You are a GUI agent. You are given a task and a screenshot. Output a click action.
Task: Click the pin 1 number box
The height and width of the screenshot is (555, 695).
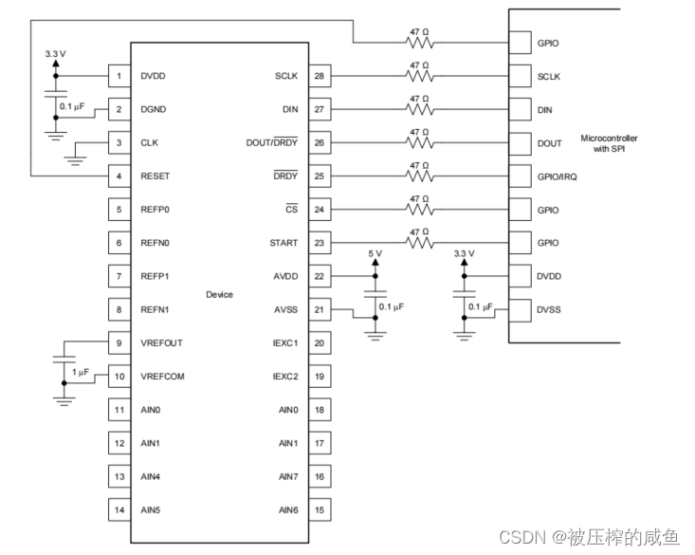click(119, 76)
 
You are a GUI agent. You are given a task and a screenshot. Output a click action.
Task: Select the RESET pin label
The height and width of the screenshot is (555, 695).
click(155, 176)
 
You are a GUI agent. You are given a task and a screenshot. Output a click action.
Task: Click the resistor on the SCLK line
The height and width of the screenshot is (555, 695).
click(419, 77)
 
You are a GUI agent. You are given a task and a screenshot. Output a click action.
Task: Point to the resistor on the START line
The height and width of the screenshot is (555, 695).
click(419, 243)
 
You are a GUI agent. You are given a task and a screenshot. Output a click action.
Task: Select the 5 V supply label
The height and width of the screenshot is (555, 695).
click(375, 254)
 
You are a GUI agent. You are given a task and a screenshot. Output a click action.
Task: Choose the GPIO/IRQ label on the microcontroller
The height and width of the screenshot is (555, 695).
click(557, 176)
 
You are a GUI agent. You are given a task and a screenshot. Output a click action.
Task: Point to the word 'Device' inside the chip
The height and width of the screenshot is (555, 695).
click(219, 294)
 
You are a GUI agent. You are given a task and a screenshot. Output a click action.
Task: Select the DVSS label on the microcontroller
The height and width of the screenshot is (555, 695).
click(549, 309)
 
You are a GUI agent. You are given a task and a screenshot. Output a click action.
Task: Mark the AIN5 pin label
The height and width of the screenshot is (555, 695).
click(151, 509)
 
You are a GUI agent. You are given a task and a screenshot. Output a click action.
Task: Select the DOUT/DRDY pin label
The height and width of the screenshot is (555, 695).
click(271, 143)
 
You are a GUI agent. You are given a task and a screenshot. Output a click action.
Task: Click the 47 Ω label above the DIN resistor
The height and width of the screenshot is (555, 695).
click(419, 98)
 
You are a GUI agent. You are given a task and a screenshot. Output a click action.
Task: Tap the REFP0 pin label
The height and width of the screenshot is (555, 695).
click(155, 210)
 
